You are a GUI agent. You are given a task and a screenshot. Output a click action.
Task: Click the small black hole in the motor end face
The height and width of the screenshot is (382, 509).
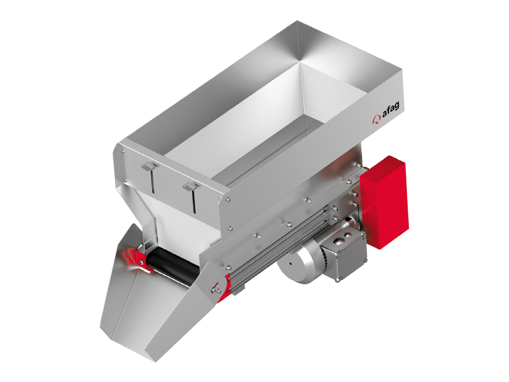290,264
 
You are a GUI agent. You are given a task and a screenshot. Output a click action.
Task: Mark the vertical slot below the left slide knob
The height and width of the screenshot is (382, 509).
152,181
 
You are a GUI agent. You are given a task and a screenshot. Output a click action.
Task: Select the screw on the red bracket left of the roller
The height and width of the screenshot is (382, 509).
142,262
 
